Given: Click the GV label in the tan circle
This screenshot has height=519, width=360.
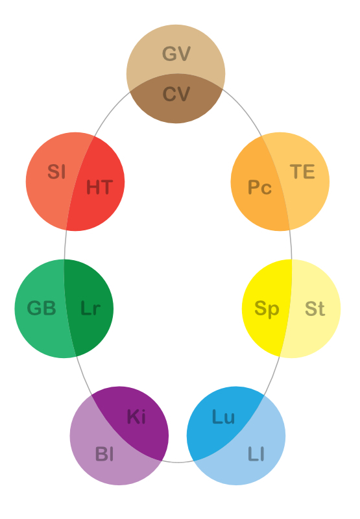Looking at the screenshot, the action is tap(176, 54).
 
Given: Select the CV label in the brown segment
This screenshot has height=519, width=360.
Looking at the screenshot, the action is tap(176, 94).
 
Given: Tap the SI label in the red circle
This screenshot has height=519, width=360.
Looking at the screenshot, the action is tap(56, 171).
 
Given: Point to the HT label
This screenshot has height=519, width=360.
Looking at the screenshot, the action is tap(100, 187).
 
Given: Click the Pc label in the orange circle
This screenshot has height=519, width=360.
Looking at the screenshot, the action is tap(259, 187).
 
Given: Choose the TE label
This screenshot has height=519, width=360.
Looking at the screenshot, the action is tap(302, 171).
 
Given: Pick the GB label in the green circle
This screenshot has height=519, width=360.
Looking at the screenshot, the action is tap(42, 308).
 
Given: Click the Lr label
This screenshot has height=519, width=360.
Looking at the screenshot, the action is tap(90, 308).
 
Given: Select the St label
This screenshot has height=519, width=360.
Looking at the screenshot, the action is tap(315, 309).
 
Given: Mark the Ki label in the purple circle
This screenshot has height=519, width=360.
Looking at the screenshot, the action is tap(136, 416).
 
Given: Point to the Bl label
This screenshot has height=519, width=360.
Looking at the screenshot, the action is tap(104, 453).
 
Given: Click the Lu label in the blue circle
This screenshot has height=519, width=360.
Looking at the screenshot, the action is tap(223, 416).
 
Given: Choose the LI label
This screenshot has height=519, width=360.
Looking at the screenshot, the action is tap(256, 453).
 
